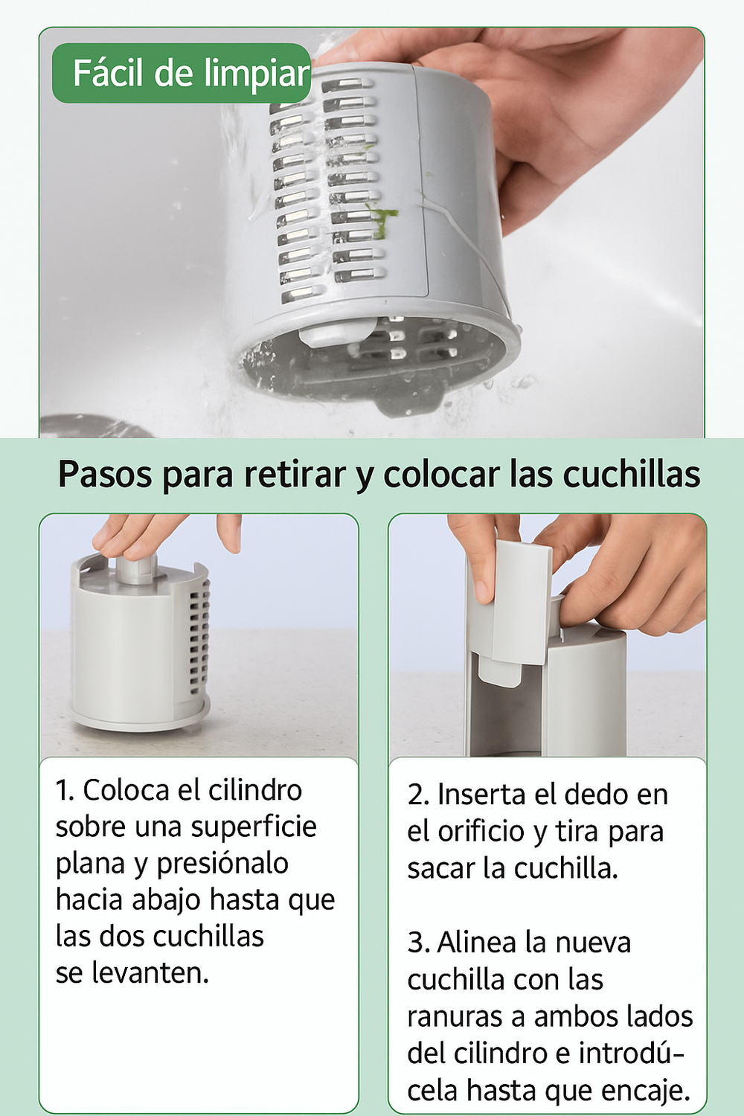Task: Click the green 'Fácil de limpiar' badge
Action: tap(182, 73)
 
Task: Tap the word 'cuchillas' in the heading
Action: tap(632, 475)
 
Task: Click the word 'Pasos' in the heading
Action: tap(105, 475)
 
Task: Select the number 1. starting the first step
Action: tap(65, 791)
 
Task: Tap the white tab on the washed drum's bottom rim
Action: tap(337, 333)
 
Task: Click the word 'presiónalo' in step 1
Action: tap(222, 865)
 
